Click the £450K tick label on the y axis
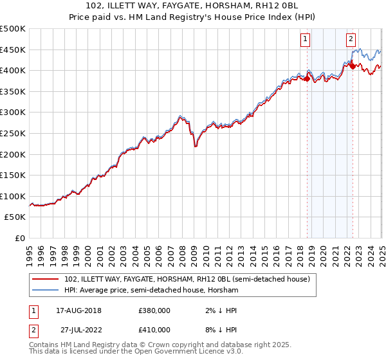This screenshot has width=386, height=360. tap(13, 50)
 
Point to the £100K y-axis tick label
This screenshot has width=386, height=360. tap(13, 196)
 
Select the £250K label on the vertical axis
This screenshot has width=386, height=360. tap(13, 133)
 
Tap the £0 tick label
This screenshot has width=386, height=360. tap(20, 238)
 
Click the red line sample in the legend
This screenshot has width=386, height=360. tap(46, 279)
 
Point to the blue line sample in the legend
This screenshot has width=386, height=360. tap(46, 290)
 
